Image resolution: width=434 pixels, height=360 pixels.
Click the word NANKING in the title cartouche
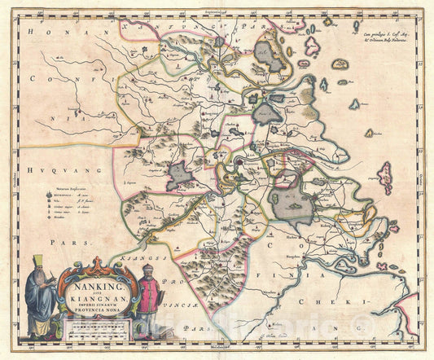pos(95,288)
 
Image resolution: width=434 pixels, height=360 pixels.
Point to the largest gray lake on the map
pos(291,207)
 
